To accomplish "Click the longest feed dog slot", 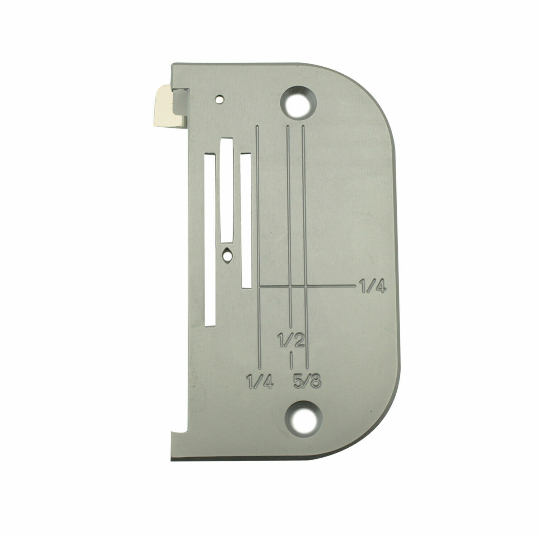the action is [x=209, y=240].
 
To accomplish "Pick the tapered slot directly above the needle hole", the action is [x=226, y=190].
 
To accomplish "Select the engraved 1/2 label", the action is [x=291, y=338].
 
